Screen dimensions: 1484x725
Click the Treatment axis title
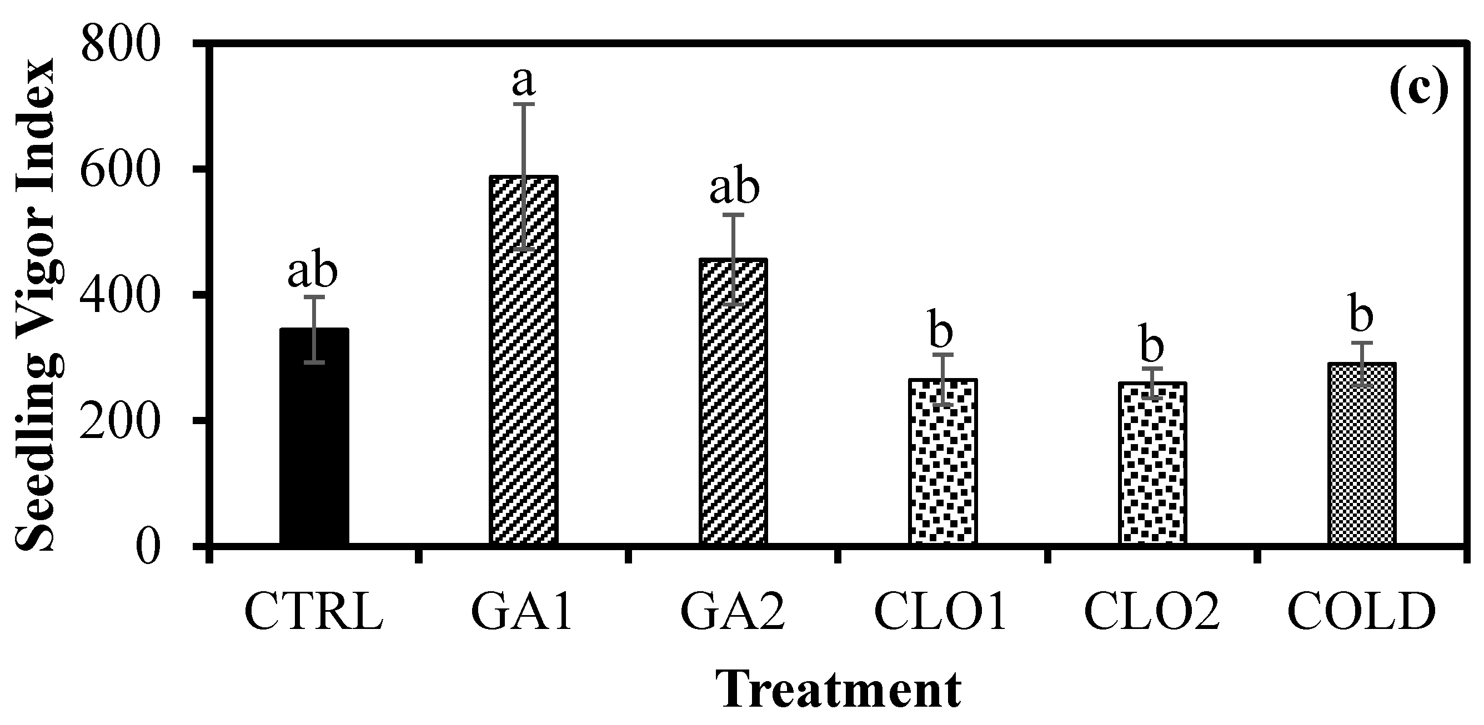[x=838, y=691]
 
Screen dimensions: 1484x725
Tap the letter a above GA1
[x=523, y=82]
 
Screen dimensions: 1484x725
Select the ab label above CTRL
[x=312, y=272]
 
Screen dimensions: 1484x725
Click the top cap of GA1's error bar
[x=523, y=104]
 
